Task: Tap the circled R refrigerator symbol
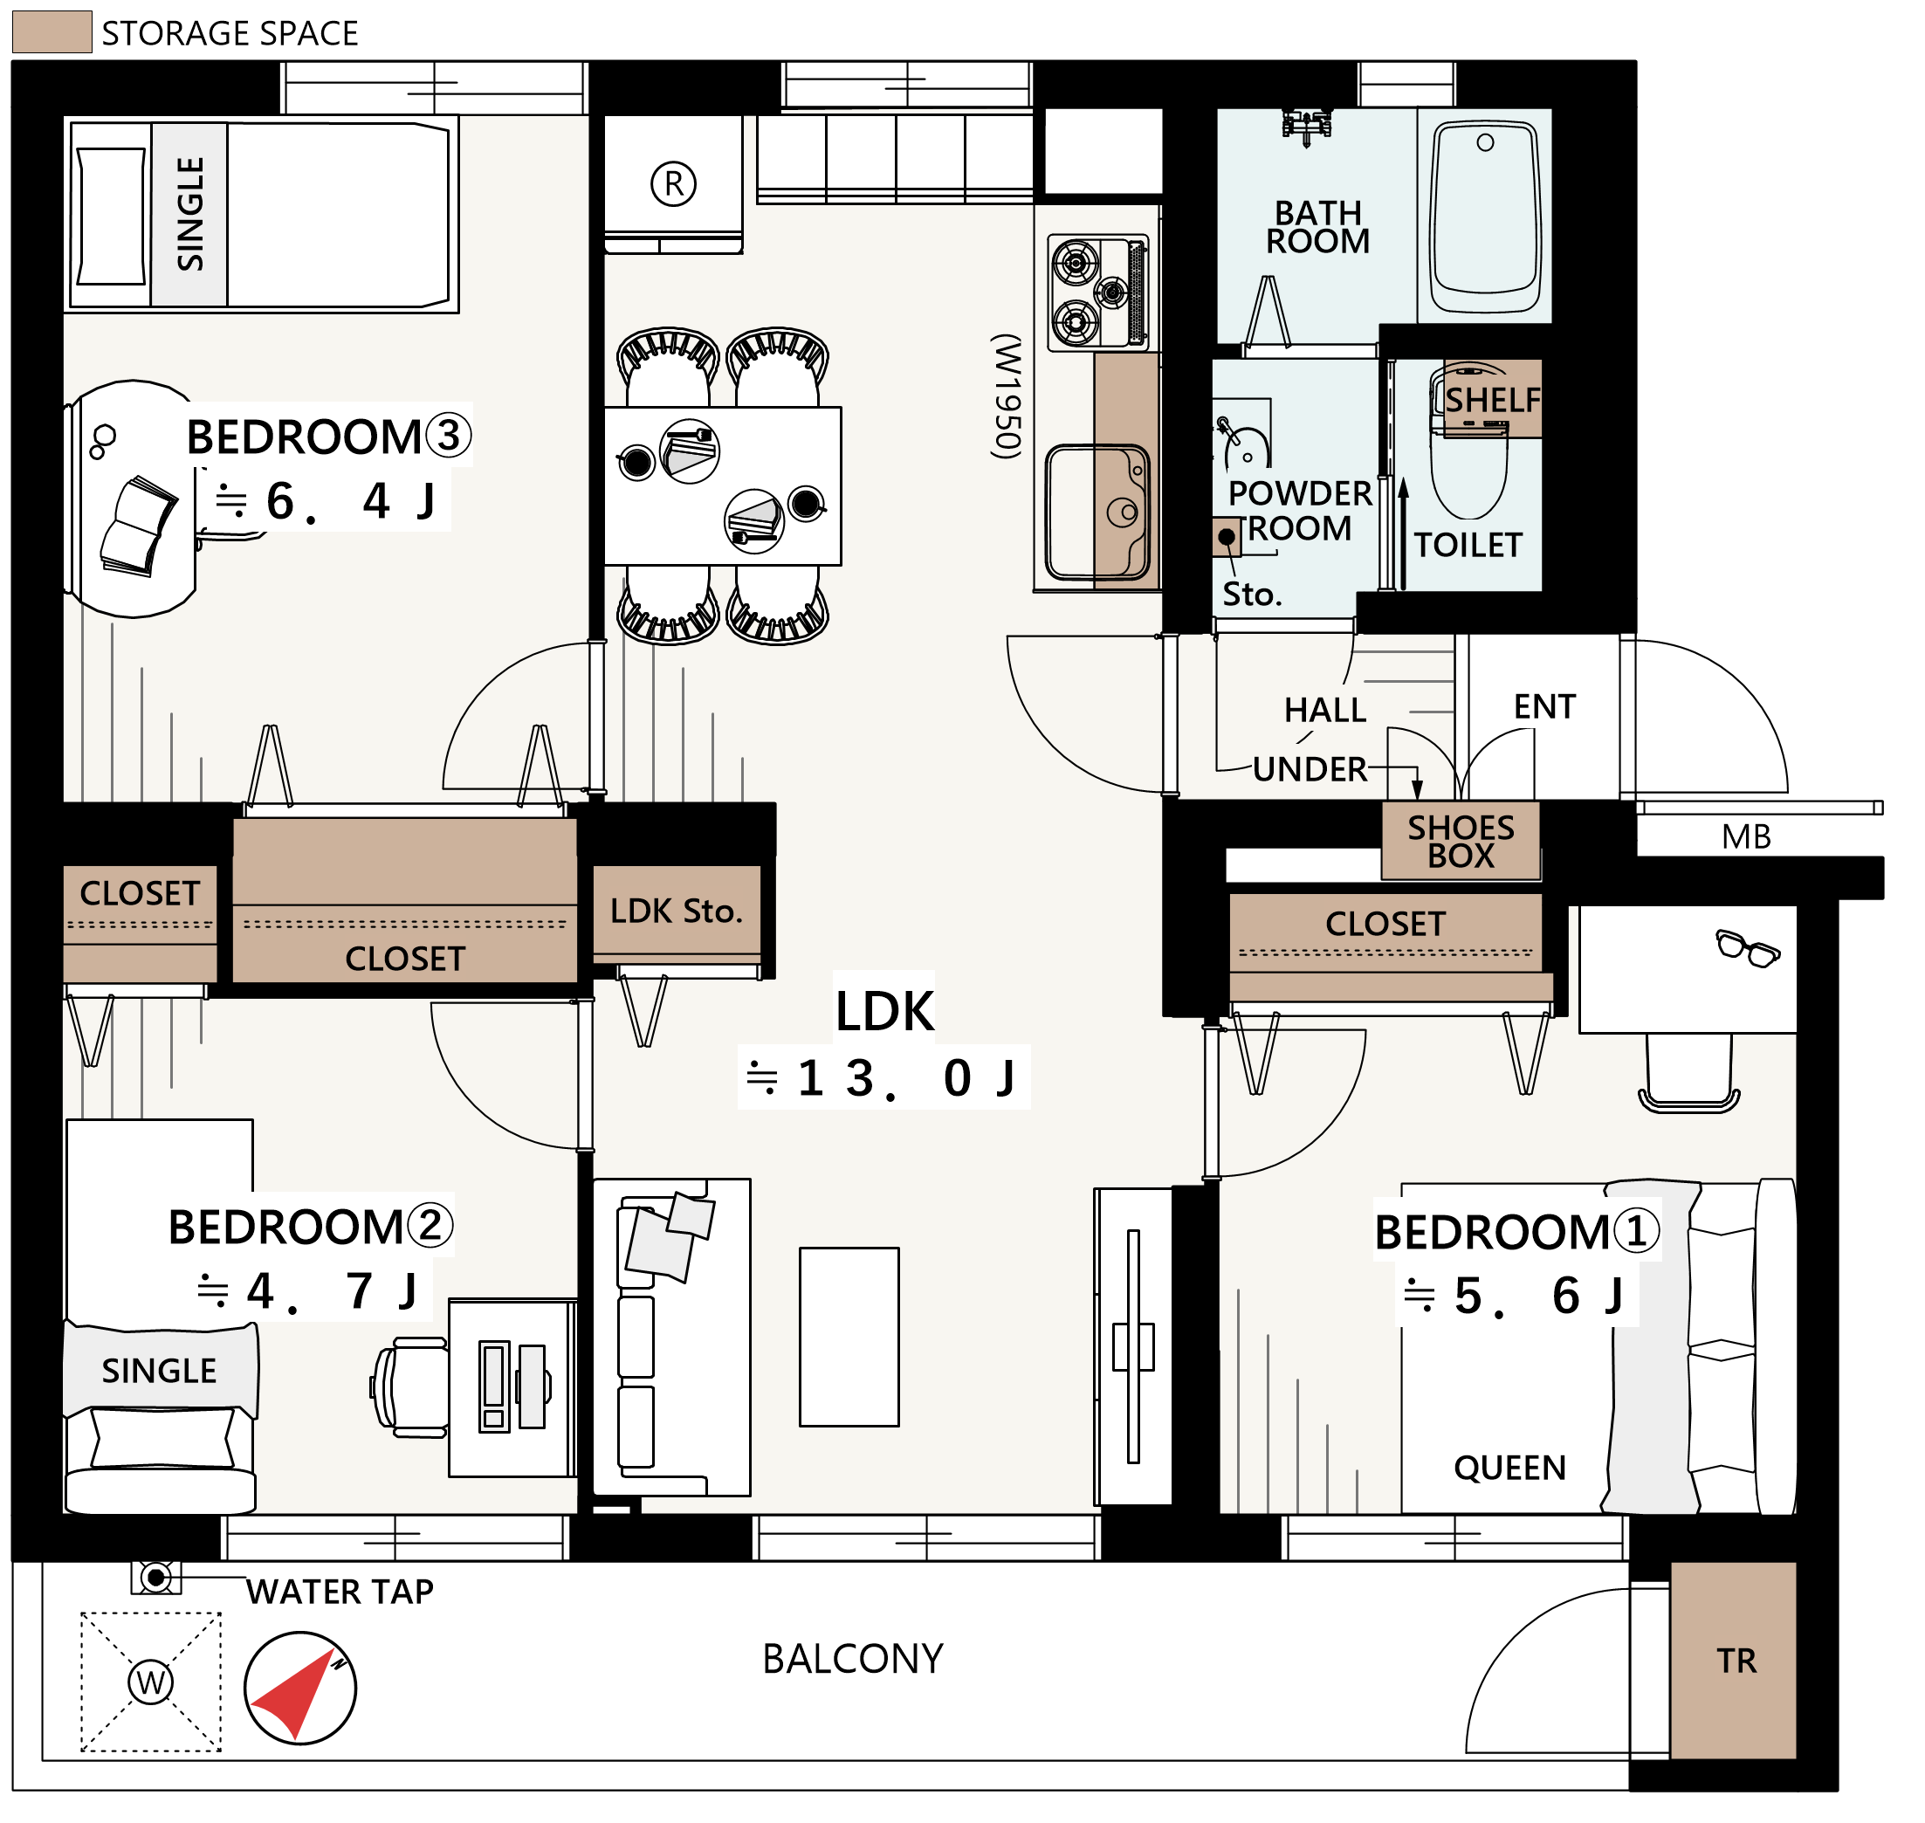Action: (x=673, y=182)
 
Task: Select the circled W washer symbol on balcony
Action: (x=151, y=1682)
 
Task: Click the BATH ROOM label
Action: (x=1317, y=226)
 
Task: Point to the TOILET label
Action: (x=1468, y=545)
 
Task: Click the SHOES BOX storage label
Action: (x=1461, y=842)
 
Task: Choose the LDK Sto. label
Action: (x=677, y=911)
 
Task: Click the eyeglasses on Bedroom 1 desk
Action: (x=1747, y=947)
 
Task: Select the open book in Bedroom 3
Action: (x=139, y=526)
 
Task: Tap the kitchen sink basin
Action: (x=1097, y=513)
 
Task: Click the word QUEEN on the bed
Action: (x=1510, y=1468)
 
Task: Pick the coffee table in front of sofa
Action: (x=849, y=1337)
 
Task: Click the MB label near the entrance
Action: (x=1746, y=836)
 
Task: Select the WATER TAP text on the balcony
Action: (x=339, y=1592)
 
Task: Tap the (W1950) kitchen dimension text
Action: (x=1007, y=396)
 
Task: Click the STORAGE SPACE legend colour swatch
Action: (x=52, y=32)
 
